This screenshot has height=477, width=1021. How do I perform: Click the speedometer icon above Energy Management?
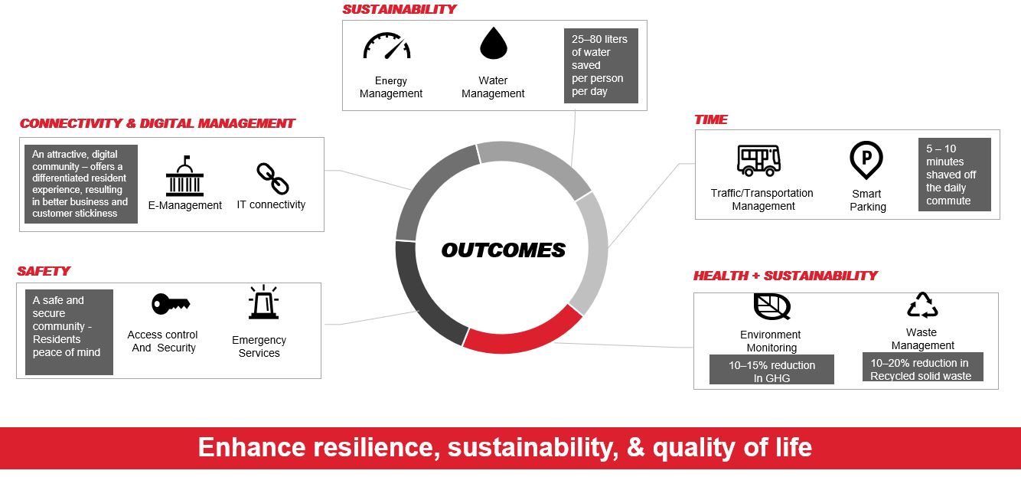coord(387,46)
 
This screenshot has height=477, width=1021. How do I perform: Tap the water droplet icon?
coord(493,44)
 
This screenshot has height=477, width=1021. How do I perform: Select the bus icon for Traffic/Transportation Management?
coord(758,161)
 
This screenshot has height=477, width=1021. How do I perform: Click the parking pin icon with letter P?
coord(866,159)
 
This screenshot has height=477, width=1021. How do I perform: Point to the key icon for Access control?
coord(171,304)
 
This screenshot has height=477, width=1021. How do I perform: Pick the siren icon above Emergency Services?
coord(263,302)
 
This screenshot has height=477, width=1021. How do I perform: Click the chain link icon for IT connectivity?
coord(272,178)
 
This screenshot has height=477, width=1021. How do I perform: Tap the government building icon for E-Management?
coord(184,176)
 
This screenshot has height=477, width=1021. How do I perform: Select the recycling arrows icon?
coord(922,305)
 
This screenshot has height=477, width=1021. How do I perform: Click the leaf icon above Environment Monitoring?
coord(771,306)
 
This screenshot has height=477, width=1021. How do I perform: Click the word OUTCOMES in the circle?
coord(503,250)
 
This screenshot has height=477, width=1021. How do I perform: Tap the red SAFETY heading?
coord(44,271)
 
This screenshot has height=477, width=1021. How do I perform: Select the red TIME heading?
coord(710,119)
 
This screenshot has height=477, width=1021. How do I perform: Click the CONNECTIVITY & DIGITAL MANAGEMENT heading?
coord(157,123)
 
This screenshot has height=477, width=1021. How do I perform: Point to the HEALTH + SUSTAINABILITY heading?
coord(785,276)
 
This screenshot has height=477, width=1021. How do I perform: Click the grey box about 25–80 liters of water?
coord(601,66)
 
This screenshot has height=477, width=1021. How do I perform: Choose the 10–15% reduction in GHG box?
coord(771,369)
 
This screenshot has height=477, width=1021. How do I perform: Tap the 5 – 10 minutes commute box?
coord(954,175)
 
